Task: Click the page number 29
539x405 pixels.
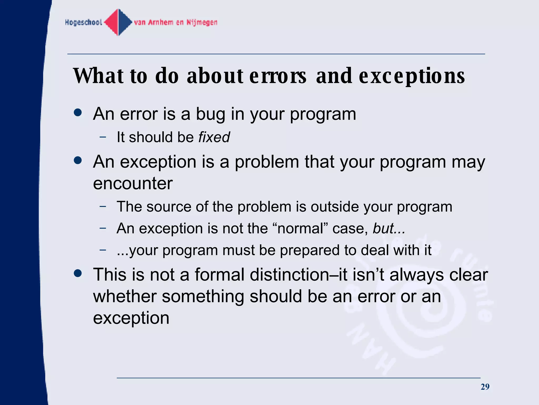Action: [485, 387]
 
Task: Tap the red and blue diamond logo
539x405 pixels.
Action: [118, 22]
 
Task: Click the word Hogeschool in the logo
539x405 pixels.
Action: [83, 22]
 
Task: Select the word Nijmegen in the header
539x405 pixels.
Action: [202, 22]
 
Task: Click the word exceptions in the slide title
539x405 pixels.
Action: [412, 76]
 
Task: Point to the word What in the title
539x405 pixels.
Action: [98, 76]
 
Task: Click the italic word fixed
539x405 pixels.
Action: [214, 137]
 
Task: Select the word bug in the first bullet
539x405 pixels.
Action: [211, 114]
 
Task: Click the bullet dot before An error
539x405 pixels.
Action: [78, 113]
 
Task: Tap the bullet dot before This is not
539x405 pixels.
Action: [78, 273]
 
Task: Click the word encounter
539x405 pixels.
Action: [133, 183]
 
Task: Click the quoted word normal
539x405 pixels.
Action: [300, 228]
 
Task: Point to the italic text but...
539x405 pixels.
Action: [383, 228]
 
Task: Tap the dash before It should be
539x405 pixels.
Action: [103, 137]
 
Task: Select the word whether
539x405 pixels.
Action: [125, 296]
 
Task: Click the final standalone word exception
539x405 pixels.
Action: [131, 318]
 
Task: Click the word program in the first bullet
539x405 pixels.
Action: [323, 114]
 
